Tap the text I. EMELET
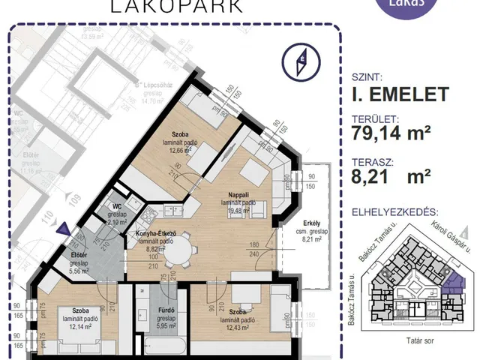click(399, 94)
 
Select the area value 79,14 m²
click(390, 133)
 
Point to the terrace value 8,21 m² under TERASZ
click(390, 175)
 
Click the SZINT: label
click(367, 77)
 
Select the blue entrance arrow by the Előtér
click(66, 229)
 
